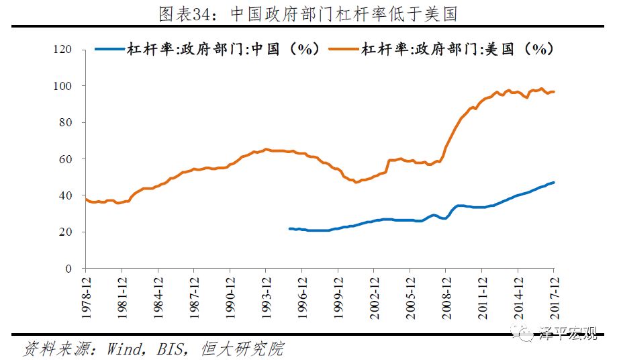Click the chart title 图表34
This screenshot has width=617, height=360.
(x=308, y=13)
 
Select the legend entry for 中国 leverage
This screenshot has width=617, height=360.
(x=207, y=49)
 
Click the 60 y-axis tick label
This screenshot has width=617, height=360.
(x=65, y=159)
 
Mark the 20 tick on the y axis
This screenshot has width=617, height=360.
(x=65, y=232)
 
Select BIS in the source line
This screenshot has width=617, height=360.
(x=173, y=349)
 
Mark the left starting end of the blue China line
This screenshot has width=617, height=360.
(x=289, y=229)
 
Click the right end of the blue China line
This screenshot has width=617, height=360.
(x=554, y=183)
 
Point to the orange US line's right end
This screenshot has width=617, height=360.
(x=554, y=92)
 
